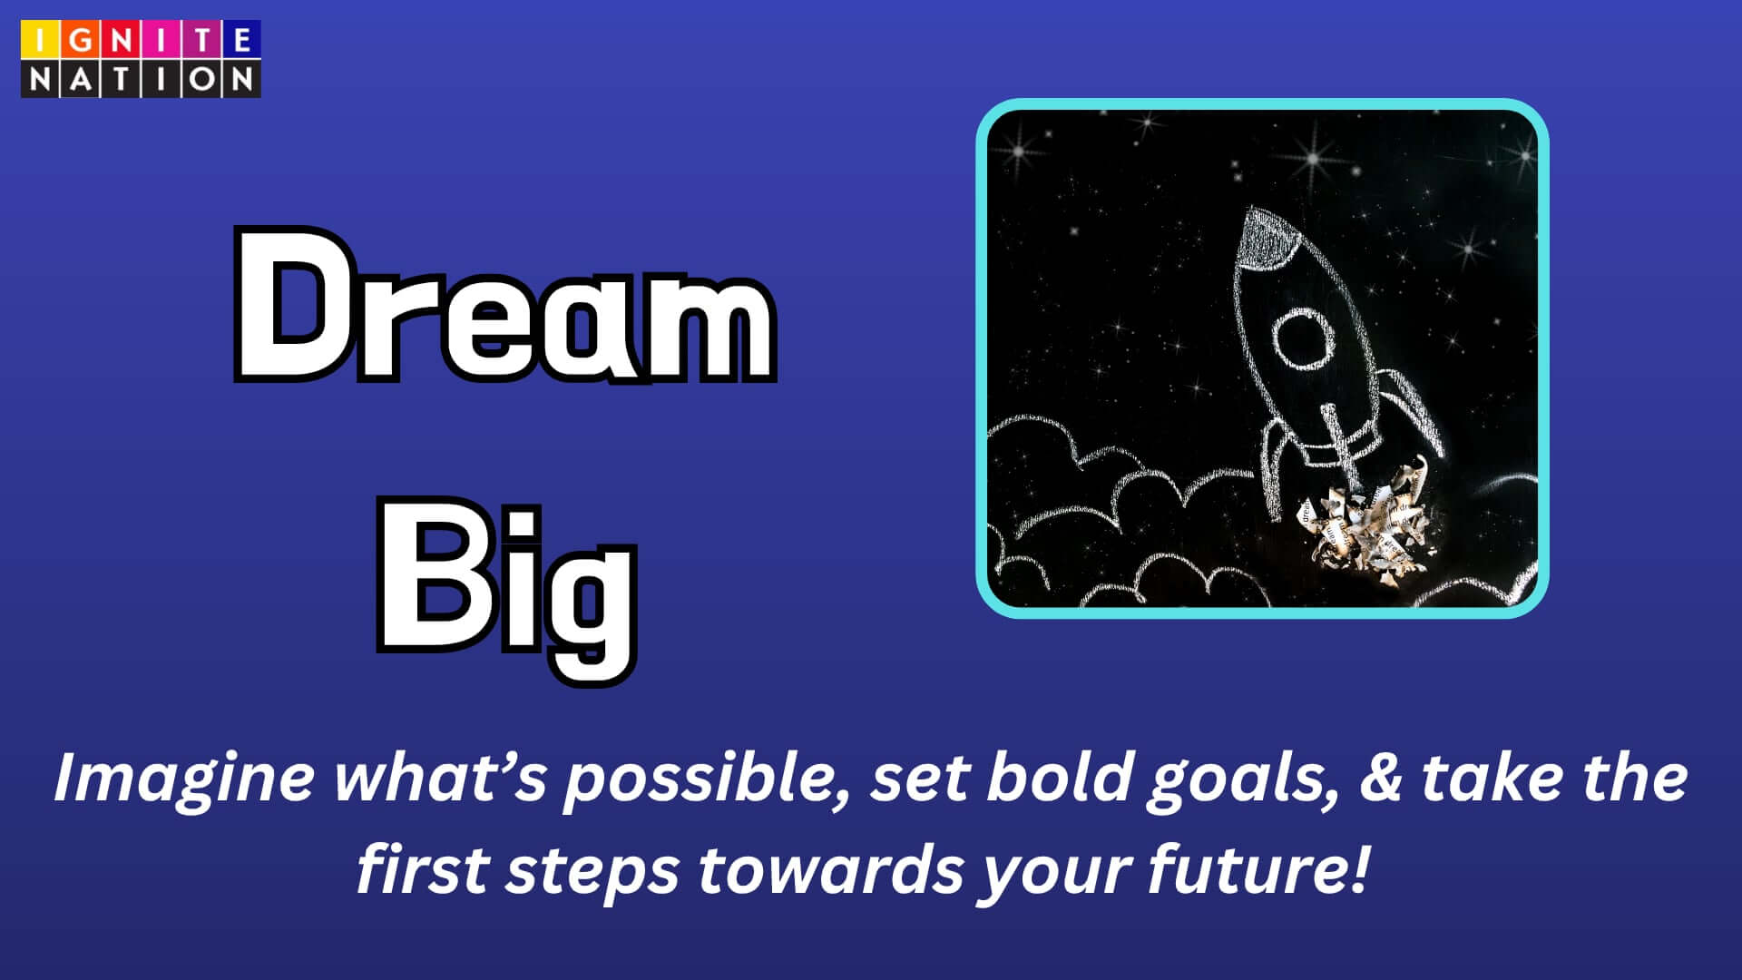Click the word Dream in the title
click(505, 306)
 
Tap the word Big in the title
click(506, 589)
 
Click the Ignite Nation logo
click(141, 59)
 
